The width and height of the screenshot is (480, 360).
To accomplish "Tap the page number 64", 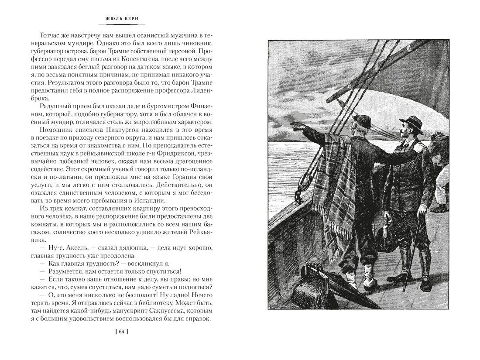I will (x=121, y=332).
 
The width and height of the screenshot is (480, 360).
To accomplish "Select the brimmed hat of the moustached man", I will (x=411, y=123).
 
